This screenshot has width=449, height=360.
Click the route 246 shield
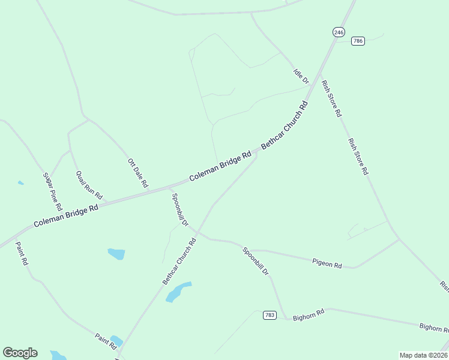tap(339, 32)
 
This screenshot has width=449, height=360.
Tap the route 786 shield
tap(358, 41)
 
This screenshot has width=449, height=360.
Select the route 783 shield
tap(270, 315)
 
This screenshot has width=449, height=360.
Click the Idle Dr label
tap(301, 76)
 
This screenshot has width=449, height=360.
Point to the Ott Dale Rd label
tap(137, 173)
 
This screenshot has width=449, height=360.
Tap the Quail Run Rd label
tap(89, 185)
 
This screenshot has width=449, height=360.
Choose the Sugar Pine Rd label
tap(53, 190)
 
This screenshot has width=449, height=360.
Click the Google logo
tap(20, 353)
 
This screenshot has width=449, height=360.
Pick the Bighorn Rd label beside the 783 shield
tap(309, 314)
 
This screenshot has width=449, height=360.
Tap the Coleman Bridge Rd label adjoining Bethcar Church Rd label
tap(220, 166)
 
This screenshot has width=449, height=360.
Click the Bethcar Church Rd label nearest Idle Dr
tap(285, 125)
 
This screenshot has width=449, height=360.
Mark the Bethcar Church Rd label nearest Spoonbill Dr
tap(179, 262)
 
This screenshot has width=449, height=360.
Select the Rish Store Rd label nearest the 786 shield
tap(331, 98)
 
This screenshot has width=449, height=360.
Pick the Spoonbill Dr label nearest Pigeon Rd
tap(256, 261)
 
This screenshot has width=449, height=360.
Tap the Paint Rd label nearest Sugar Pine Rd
tap(22, 253)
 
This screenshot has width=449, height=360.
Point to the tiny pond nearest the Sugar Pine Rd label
tap(21, 182)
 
